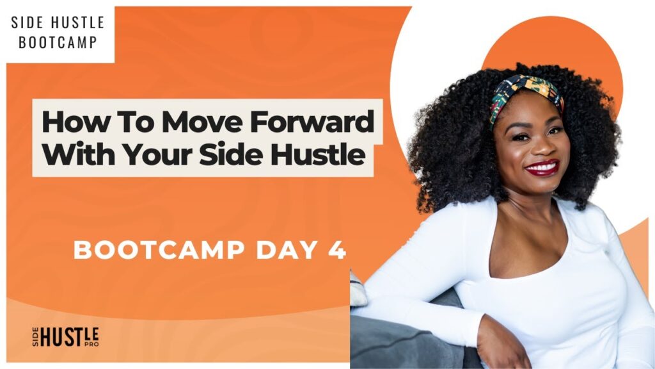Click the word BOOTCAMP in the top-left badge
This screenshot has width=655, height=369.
pos(58,42)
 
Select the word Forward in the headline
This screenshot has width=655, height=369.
pos(312,122)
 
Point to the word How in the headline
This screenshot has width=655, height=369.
pos(76,122)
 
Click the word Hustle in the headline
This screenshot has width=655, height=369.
pos(318,154)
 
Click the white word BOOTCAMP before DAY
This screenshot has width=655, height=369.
pos(159,250)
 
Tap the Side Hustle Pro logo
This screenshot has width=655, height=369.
pos(66,337)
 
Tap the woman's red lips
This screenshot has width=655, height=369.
pos(542,168)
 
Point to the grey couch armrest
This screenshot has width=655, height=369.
pos(401,334)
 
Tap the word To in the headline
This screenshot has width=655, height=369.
pos(135,122)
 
